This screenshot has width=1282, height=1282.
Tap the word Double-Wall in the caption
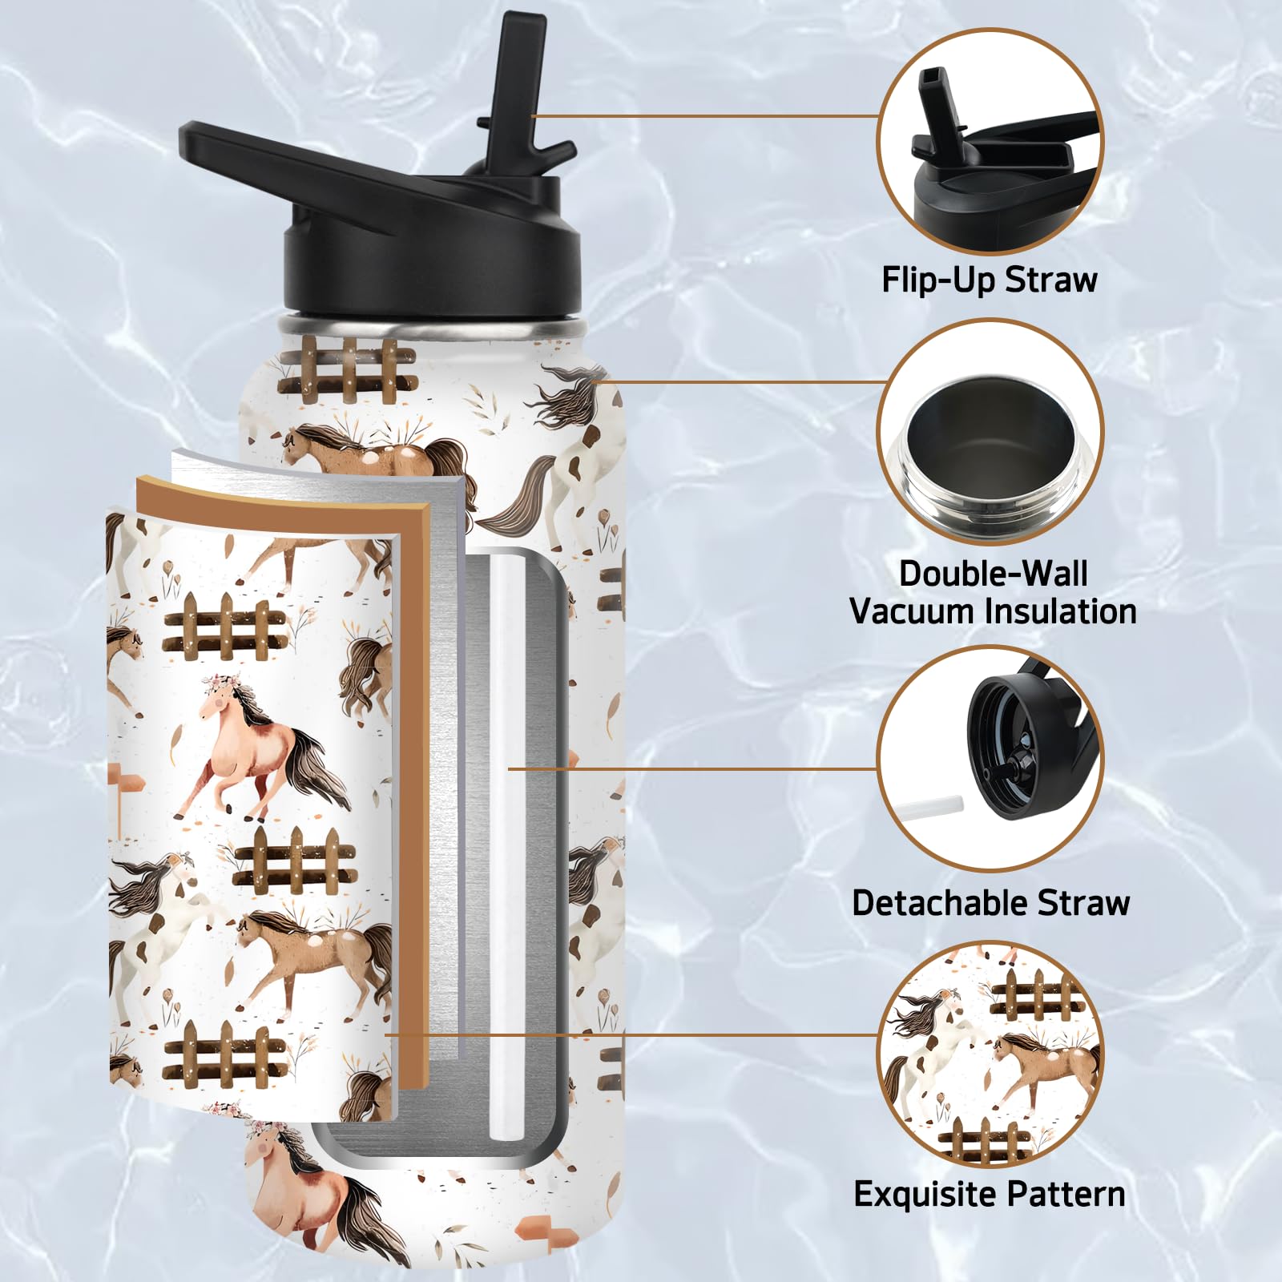point(994,574)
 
